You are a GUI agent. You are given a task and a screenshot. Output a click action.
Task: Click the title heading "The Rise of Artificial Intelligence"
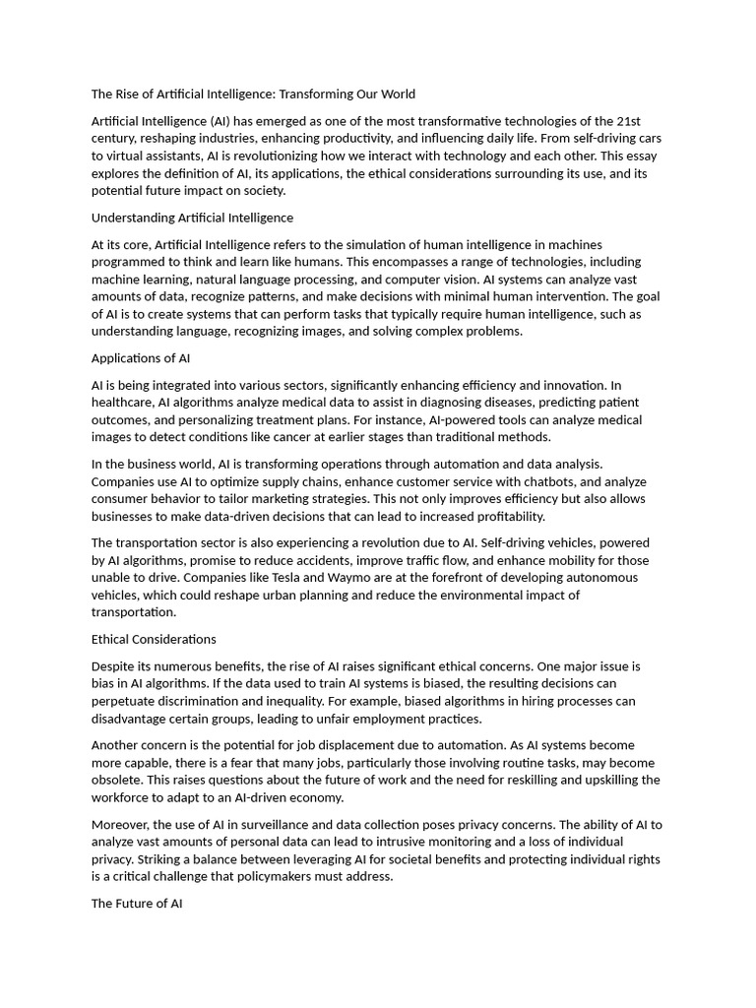253,94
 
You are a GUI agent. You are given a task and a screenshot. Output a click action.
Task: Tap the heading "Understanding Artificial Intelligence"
192,218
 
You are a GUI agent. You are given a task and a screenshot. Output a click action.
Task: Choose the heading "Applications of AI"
141,358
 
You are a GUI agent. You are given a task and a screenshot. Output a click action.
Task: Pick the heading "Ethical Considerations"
154,639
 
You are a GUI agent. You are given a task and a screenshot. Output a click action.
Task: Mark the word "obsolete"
117,780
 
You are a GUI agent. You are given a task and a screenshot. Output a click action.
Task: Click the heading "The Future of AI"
137,903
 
